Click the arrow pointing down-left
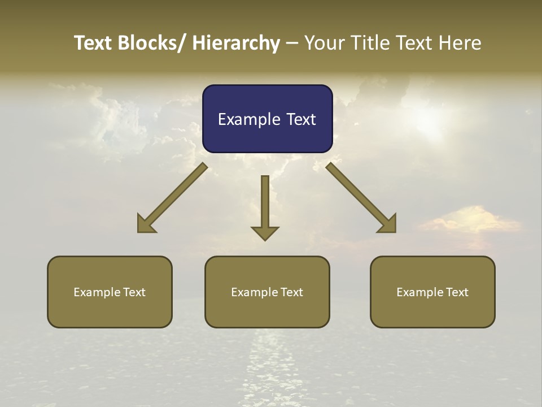point(173,198)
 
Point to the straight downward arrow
point(265,206)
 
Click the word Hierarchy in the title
point(236,43)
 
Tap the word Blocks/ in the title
point(150,43)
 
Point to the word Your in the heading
point(324,43)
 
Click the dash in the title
point(292,44)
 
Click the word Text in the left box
point(134,292)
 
